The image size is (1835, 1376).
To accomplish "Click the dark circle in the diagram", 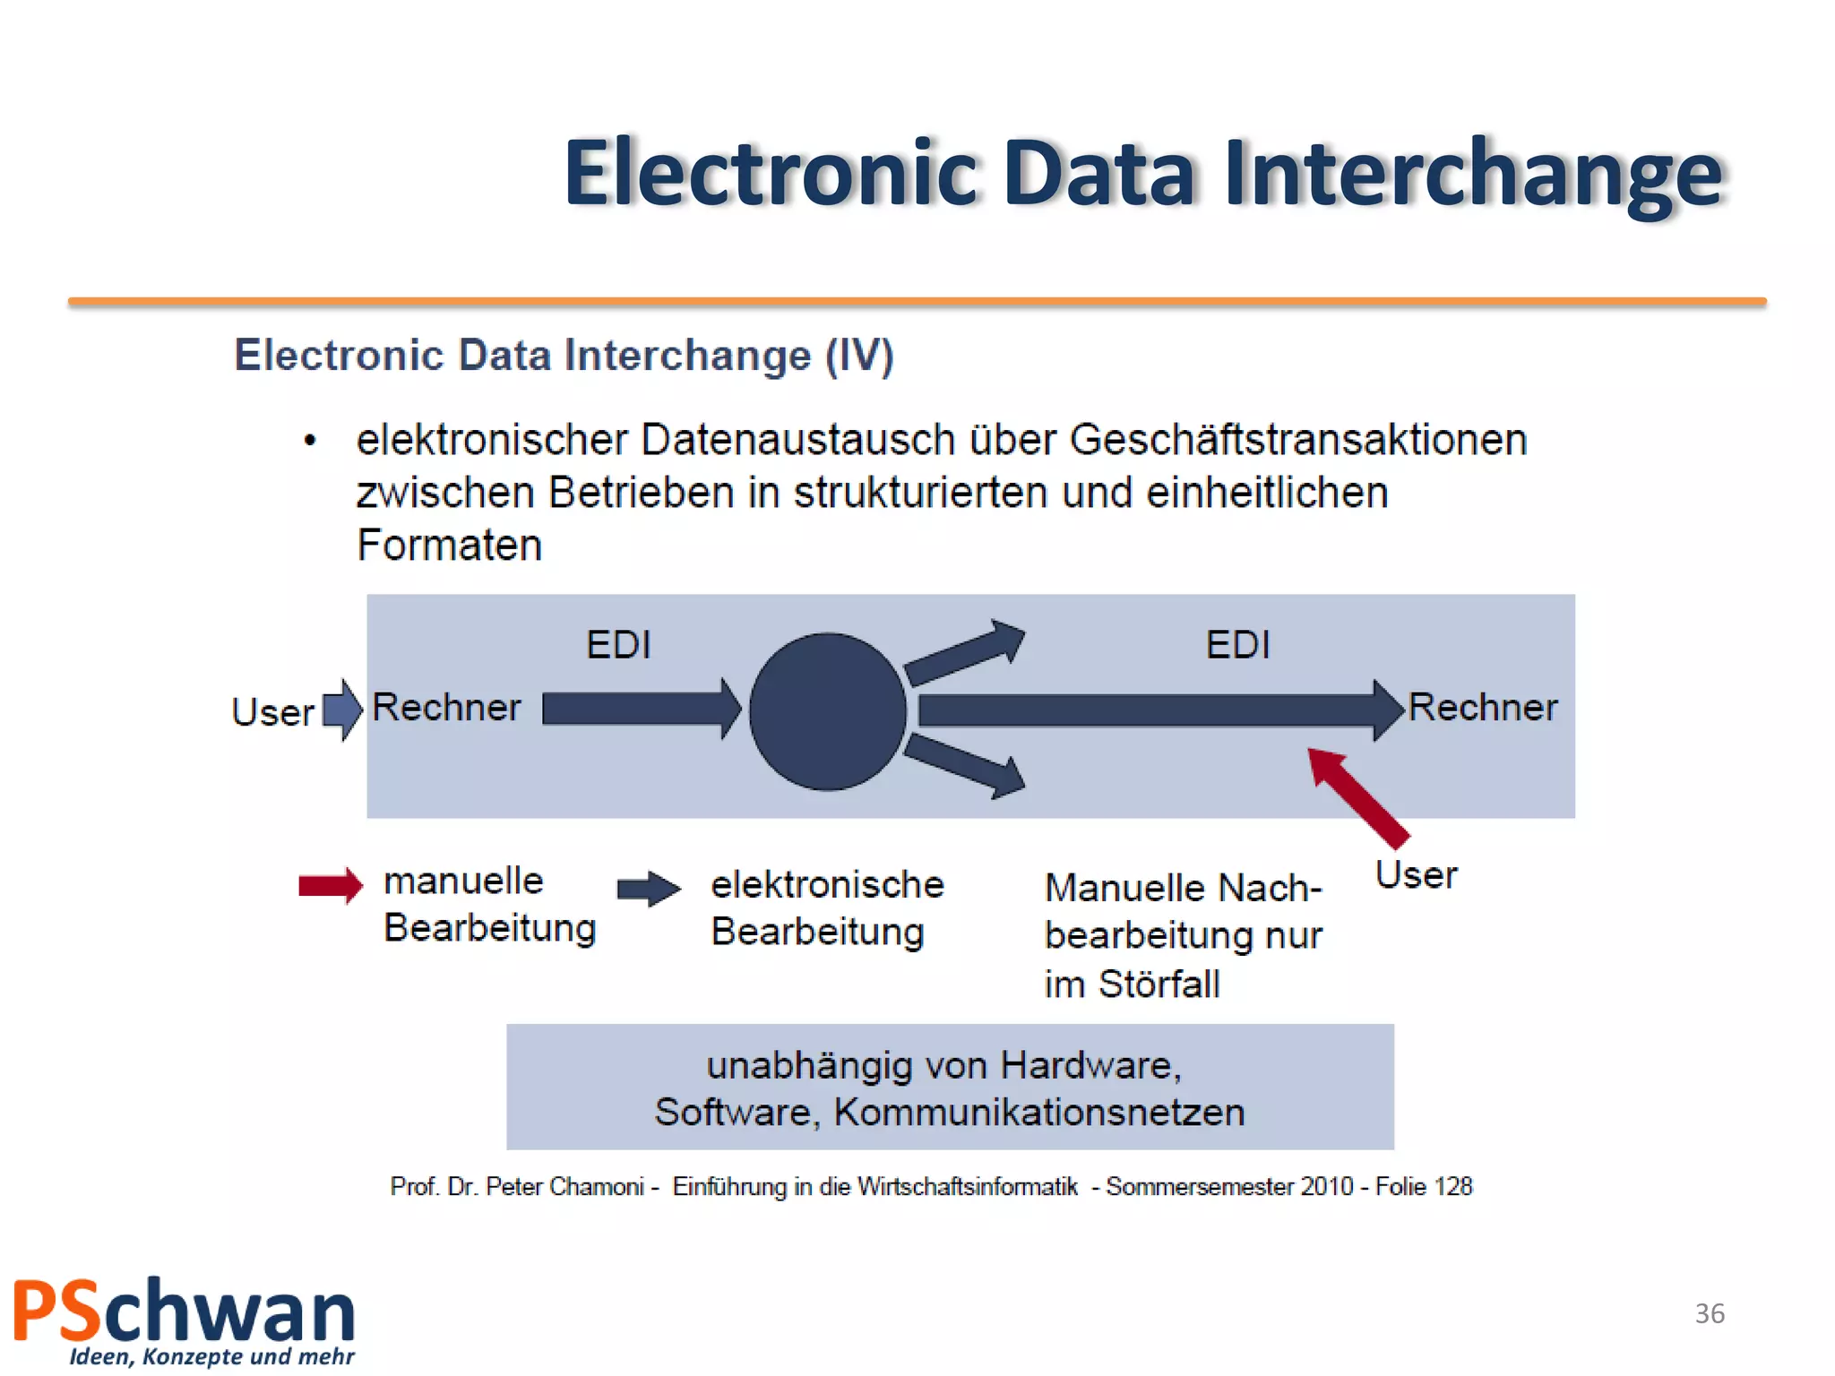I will tap(827, 712).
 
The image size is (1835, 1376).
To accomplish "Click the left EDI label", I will tap(618, 645).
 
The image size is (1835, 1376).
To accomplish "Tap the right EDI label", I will tap(1237, 645).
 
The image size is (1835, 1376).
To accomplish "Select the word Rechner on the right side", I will tap(1483, 708).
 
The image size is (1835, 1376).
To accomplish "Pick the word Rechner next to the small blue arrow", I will tap(446, 708).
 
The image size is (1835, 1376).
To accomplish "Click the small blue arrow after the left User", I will tap(342, 710).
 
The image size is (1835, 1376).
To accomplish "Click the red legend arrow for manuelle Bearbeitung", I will tap(331, 886).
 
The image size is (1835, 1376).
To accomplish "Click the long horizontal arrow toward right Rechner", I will tap(1156, 710).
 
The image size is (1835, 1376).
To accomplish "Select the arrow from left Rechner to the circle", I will tap(640, 709).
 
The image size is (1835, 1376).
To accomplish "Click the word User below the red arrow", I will tap(1416, 875).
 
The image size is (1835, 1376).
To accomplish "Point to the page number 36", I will tap(1710, 1313).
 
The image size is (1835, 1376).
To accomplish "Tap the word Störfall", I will tap(1159, 985).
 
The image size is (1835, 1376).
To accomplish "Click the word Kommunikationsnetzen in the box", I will tap(1038, 1113).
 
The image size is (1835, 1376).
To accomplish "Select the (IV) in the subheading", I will tap(858, 357).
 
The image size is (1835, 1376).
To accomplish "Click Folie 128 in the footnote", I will tap(1424, 1187).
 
